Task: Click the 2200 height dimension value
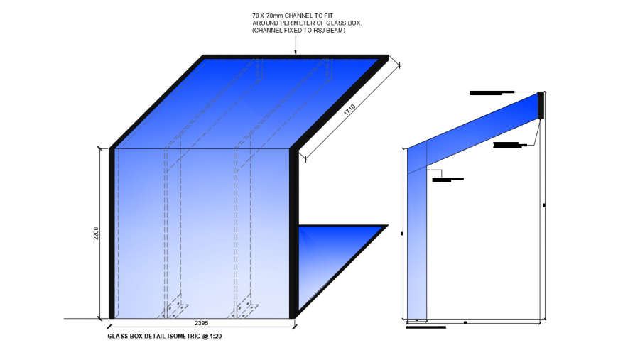tap(96, 234)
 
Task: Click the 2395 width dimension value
tap(202, 322)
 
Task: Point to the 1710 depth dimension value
tap(349, 109)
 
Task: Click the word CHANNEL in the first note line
tap(293, 15)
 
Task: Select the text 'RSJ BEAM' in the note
tap(329, 30)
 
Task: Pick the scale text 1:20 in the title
tap(215, 336)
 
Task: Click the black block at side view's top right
tap(541, 105)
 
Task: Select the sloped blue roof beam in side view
tap(476, 131)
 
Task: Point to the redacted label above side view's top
tap(492, 92)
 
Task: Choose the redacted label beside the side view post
tap(442, 180)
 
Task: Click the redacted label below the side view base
tap(425, 327)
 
